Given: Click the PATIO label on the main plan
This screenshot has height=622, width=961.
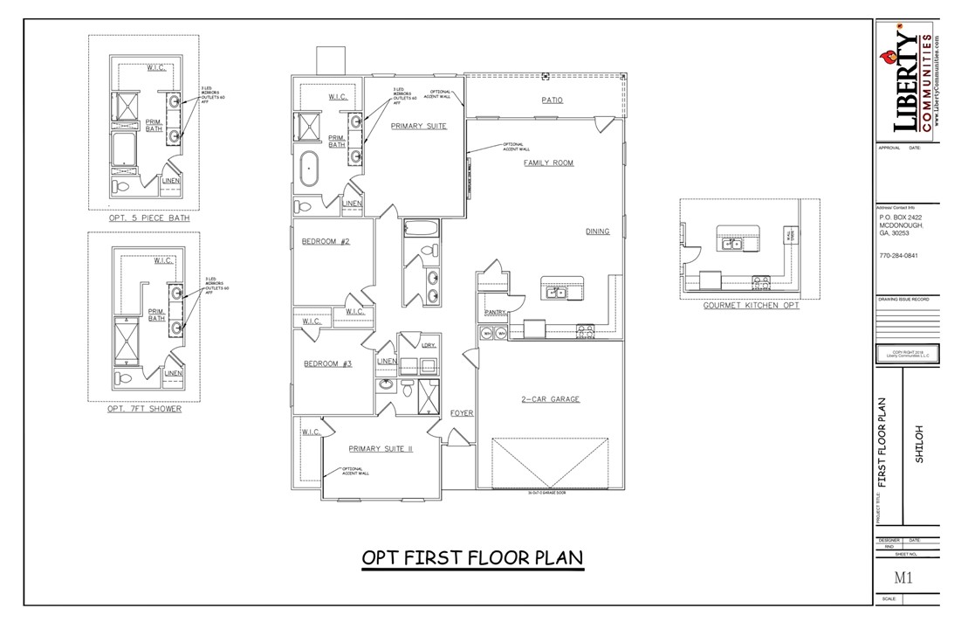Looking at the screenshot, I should (551, 100).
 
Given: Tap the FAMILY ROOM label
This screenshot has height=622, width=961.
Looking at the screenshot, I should (548, 163).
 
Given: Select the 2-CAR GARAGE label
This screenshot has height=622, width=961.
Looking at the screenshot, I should (551, 399).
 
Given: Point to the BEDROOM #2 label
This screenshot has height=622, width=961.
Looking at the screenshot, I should (326, 241).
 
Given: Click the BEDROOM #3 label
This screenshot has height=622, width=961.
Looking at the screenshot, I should (327, 363).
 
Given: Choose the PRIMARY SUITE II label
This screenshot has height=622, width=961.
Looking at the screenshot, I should (380, 448).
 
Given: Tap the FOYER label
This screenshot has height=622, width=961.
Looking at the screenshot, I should (462, 412).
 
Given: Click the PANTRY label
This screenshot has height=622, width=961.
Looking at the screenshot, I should (496, 312).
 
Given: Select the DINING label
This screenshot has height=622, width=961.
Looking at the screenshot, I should (597, 232).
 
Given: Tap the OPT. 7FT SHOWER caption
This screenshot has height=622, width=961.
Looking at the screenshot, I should (144, 409).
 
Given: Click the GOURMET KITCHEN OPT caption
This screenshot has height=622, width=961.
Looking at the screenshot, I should (751, 306).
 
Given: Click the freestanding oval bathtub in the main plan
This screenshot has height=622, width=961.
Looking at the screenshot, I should (310, 169).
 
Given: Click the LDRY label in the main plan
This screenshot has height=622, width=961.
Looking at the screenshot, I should (428, 345).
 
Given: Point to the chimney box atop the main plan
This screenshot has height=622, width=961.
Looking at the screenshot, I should (330, 61).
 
